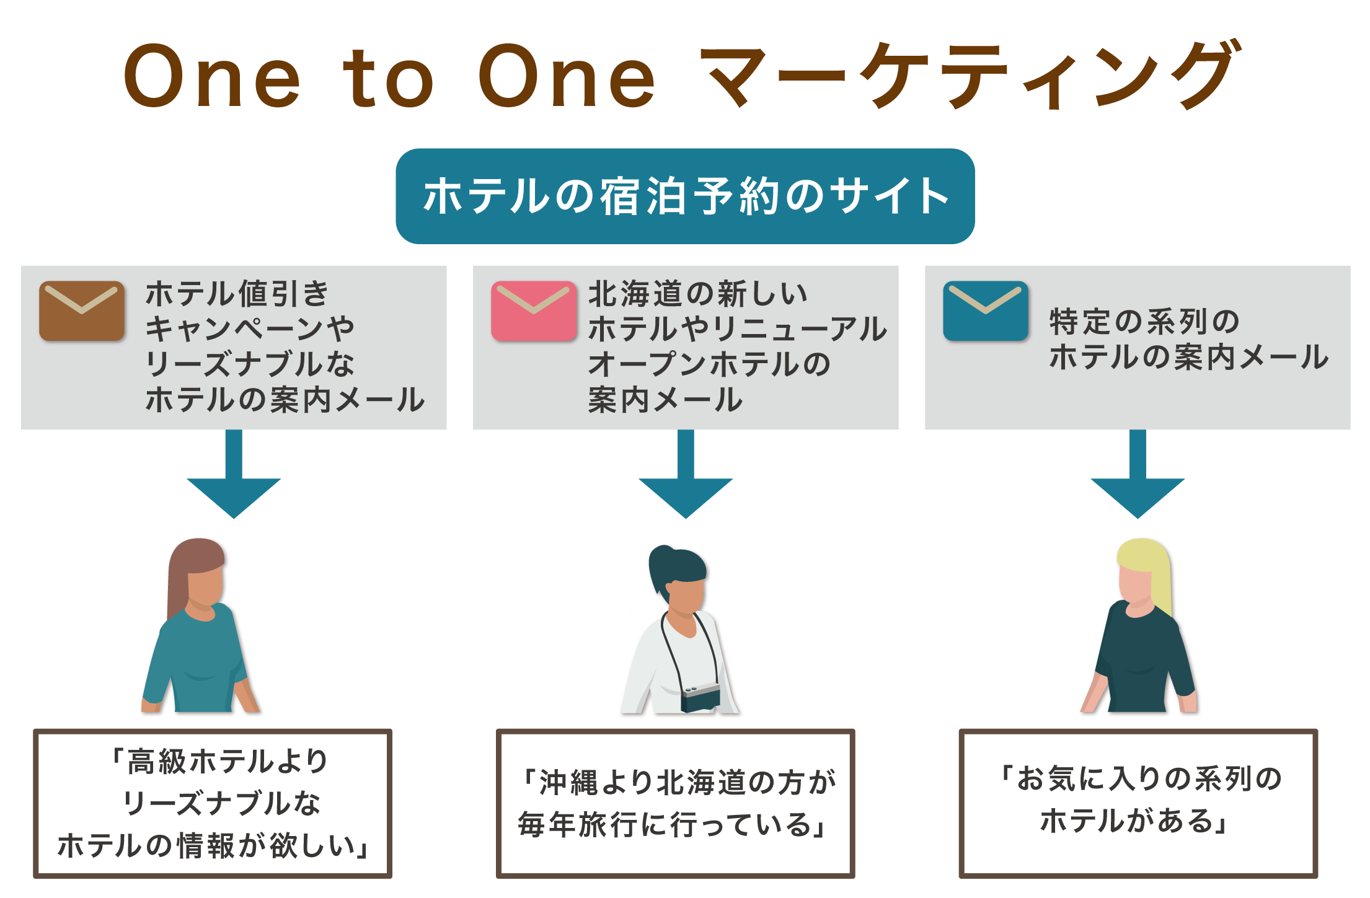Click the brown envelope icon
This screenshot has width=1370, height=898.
click(82, 311)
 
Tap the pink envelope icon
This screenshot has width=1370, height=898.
click(534, 311)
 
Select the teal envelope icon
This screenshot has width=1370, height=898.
click(986, 311)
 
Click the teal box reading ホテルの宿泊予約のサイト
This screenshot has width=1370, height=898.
click(685, 196)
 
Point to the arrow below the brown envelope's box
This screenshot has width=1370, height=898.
click(234, 474)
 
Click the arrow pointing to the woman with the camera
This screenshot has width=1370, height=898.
click(686, 474)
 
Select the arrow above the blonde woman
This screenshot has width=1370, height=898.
click(1138, 474)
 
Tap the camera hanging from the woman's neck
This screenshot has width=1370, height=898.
click(700, 698)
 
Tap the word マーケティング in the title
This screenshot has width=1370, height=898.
click(971, 75)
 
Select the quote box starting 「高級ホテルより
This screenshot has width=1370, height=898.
click(213, 804)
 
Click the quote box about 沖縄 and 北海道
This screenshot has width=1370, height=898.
click(676, 804)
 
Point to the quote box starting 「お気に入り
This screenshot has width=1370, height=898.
click(1138, 804)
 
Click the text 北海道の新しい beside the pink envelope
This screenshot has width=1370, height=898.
click(698, 294)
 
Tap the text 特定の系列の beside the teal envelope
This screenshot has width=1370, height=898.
click(1144, 322)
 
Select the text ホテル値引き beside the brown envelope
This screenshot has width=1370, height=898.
click(237, 294)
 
